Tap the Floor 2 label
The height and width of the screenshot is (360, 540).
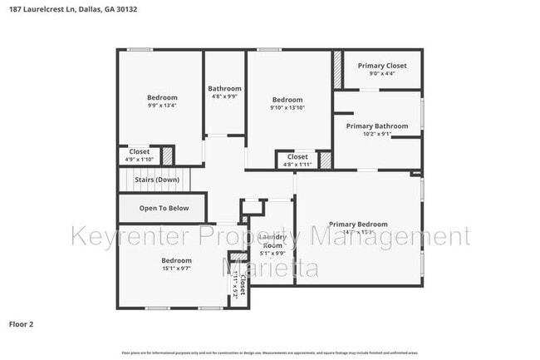(x=22, y=323)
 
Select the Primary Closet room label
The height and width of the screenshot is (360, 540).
(x=382, y=66)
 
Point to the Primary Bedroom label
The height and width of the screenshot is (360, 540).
(x=357, y=224)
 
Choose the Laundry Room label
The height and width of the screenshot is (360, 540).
(x=272, y=241)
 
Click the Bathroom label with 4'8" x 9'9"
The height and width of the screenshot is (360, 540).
(x=224, y=89)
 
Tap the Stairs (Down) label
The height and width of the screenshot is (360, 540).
(x=157, y=180)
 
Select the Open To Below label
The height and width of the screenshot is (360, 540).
(x=164, y=209)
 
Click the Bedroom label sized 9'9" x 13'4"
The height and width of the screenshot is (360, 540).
(x=162, y=98)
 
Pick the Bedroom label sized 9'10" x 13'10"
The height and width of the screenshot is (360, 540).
(x=287, y=100)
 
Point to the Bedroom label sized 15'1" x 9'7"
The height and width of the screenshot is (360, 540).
(x=176, y=261)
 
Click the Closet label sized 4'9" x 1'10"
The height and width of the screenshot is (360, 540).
(x=139, y=152)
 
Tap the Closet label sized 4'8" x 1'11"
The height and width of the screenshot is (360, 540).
(x=297, y=157)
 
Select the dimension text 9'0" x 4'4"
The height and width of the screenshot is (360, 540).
(x=382, y=74)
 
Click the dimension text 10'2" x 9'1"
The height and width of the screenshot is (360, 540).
(x=378, y=135)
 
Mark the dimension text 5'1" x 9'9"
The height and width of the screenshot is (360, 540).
(x=272, y=254)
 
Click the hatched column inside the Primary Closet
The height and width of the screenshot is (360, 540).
(x=338, y=68)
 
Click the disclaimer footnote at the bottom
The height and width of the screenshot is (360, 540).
(x=270, y=353)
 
